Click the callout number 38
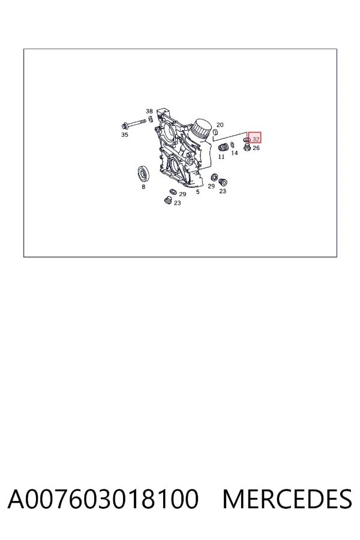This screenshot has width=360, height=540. click(149, 111)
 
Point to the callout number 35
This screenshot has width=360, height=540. click(124, 134)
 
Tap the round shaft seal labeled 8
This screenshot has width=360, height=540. click(144, 173)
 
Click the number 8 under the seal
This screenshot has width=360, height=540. click(143, 187)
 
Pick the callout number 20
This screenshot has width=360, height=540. click(220, 125)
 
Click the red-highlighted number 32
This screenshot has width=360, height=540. click(256, 139)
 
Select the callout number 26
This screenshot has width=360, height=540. click(256, 148)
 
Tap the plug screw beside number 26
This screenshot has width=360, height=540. click(247, 148)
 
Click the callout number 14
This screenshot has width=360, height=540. click(234, 153)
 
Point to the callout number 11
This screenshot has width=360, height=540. click(221, 157)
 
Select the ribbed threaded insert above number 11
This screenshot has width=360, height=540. click(224, 147)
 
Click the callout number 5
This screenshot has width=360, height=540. click(198, 191)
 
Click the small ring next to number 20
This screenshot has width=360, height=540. click(215, 132)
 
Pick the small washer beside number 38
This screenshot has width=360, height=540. click(150, 119)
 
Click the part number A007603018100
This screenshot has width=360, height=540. click(103, 499)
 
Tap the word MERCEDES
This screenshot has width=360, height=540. click(287, 499)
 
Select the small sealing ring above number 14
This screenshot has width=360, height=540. click(232, 143)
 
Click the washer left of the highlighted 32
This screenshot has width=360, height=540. click(247, 139)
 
